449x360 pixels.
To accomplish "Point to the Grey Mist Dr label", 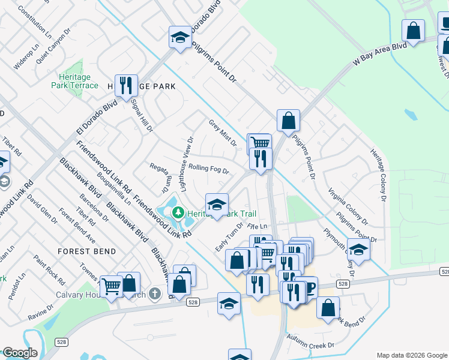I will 223,133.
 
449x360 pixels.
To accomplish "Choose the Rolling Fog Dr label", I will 208,169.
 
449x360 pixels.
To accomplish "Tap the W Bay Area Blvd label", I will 380,53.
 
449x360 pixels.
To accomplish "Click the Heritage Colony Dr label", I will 377,173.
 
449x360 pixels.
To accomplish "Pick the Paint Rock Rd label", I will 49,269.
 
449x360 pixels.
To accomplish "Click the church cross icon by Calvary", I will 155,293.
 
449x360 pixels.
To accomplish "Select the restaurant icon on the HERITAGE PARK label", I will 126,85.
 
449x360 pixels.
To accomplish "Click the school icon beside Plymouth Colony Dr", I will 358,249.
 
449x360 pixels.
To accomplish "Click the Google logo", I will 20,353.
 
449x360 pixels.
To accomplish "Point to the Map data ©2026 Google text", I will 411,355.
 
